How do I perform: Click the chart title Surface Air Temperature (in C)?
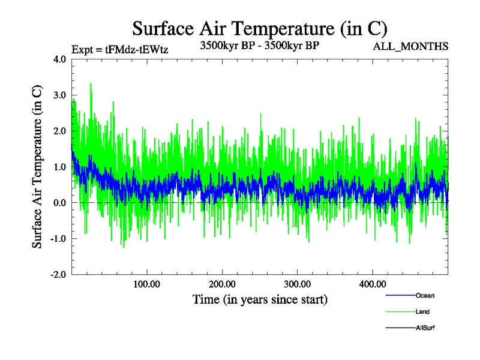(259, 28)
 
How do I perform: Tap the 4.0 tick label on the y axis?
(60, 59)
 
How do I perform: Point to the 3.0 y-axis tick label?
(60, 95)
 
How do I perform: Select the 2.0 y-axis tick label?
(60, 131)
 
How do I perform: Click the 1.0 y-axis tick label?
(60, 167)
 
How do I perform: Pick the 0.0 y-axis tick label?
(60, 203)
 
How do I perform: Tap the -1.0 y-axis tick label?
(58, 239)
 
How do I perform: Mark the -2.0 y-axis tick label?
(58, 275)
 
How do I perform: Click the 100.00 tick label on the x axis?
(147, 284)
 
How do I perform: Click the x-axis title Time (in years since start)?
(260, 299)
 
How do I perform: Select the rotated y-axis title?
(37, 167)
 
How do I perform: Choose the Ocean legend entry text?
(425, 295)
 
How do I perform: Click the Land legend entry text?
(422, 311)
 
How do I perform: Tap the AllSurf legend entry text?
(425, 328)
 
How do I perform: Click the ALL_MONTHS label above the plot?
(410, 47)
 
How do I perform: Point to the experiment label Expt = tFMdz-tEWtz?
(119, 50)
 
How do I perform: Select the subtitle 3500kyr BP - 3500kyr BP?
(259, 44)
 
